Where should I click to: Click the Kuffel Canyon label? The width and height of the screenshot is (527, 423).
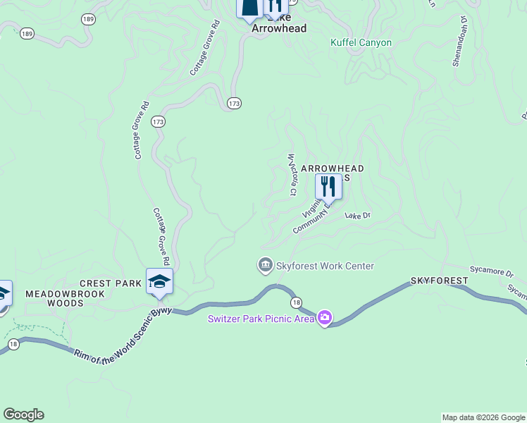(x=361, y=42)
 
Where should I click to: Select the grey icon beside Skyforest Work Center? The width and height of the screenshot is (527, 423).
(x=265, y=265)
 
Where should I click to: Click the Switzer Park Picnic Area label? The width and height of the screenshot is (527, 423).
(x=261, y=319)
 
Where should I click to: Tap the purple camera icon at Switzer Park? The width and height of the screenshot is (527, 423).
(x=324, y=319)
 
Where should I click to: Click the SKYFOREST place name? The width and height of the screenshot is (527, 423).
(x=440, y=281)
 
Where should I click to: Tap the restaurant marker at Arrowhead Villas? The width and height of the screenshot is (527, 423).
(x=328, y=187)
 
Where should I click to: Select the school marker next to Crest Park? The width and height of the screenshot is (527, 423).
(x=159, y=281)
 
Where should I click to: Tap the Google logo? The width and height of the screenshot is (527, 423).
(x=23, y=415)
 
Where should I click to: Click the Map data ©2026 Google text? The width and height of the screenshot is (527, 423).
(x=483, y=417)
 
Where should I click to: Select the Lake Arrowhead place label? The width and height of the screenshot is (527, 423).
(x=280, y=29)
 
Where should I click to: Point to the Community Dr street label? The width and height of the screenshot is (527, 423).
(x=310, y=222)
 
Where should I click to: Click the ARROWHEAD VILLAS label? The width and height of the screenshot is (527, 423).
(x=333, y=169)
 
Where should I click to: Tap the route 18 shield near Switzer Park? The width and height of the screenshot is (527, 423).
(x=297, y=302)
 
